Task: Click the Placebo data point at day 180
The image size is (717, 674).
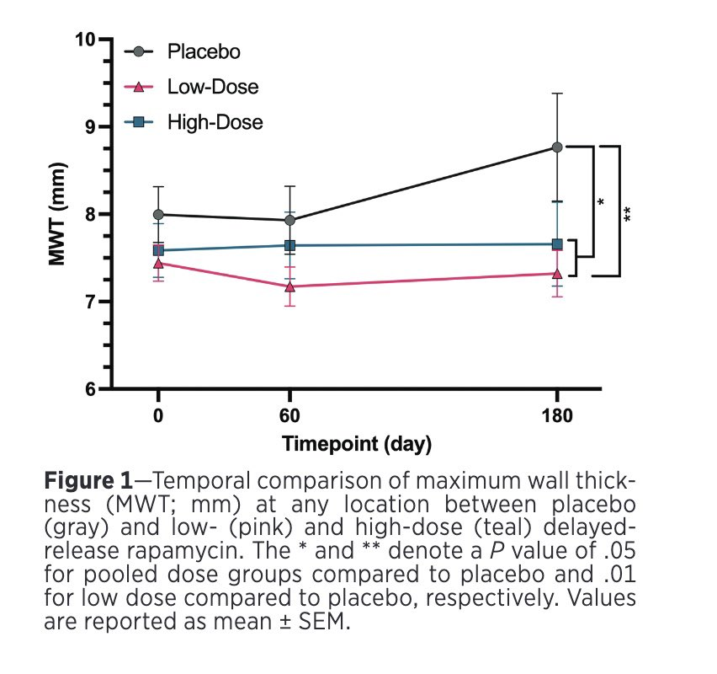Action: click(557, 147)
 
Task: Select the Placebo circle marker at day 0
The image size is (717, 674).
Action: click(158, 214)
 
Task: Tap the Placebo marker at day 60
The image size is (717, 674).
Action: click(290, 220)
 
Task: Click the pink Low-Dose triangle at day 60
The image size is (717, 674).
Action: click(290, 286)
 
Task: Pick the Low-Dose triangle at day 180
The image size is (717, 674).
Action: click(557, 273)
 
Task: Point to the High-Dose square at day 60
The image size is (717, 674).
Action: click(290, 245)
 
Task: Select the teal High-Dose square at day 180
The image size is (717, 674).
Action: click(557, 244)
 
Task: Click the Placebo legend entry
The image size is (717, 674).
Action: click(204, 52)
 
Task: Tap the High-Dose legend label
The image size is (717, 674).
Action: click(215, 122)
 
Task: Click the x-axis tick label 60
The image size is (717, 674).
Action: click(290, 416)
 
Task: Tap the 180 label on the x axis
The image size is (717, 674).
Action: click(557, 416)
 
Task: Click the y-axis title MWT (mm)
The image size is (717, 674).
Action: click(57, 214)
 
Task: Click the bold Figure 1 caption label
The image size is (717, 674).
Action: click(88, 483)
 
